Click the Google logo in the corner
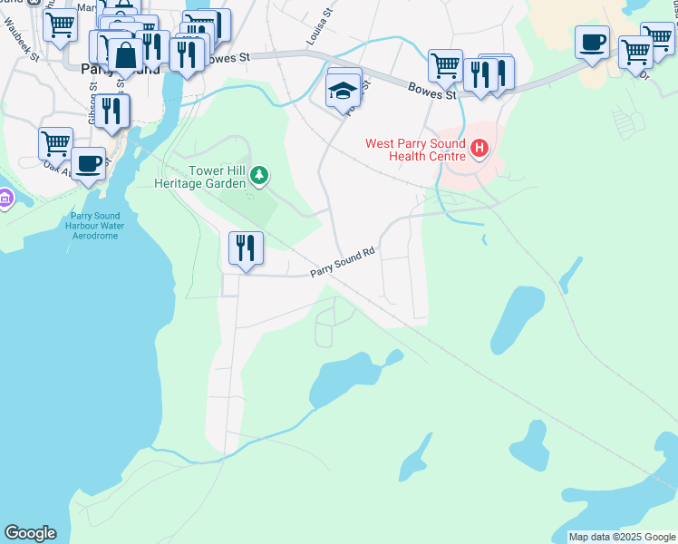tap(30, 532)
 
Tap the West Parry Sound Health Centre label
tap(414, 150)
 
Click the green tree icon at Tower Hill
tap(259, 175)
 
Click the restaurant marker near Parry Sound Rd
tap(245, 248)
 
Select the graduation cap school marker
tap(344, 91)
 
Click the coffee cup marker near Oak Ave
tap(88, 163)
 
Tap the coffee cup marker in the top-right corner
tap(592, 42)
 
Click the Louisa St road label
tap(315, 34)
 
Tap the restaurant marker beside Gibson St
tap(112, 112)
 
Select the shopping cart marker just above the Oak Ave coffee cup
tap(55, 143)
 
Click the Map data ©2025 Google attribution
tap(622, 537)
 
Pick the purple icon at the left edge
tap(4, 198)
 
